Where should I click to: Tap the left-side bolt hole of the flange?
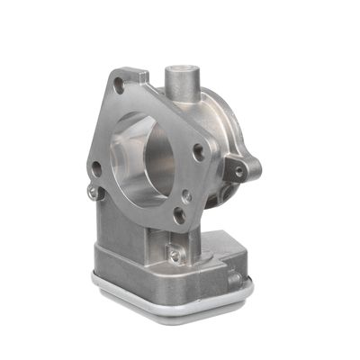pos(96,166)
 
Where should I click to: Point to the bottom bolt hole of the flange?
pos(179,214)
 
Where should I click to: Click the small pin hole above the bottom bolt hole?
pos(186,194)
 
